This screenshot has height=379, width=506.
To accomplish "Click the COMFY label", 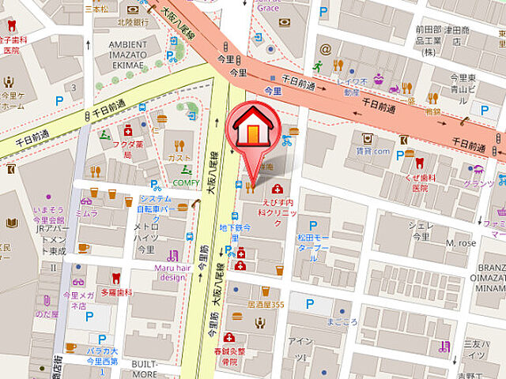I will click(x=187, y=182).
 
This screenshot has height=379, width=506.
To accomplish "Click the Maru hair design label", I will click(x=169, y=272).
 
